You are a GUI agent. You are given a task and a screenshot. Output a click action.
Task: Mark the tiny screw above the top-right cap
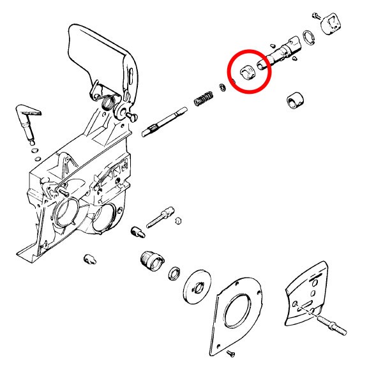pyautogui.click(x=316, y=13)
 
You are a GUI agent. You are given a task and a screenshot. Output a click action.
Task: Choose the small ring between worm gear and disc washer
pyautogui.click(x=174, y=275)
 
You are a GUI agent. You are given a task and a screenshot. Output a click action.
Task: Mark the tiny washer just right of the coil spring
pyautogui.click(x=222, y=87)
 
